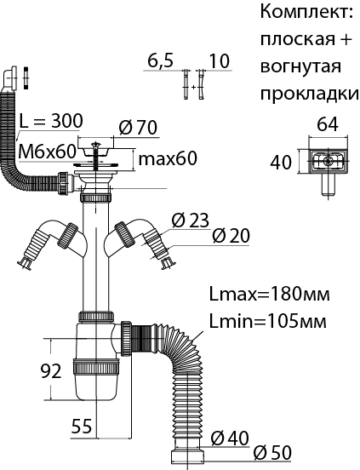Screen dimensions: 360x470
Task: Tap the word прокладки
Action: click(x=309, y=94)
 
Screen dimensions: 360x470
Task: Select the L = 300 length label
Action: click(x=50, y=121)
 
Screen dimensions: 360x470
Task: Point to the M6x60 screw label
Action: click(x=47, y=152)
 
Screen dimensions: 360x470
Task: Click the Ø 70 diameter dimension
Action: click(x=138, y=128)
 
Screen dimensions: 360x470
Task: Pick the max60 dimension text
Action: click(x=168, y=158)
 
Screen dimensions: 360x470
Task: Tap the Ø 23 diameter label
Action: click(x=190, y=221)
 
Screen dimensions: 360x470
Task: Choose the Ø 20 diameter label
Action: click(x=231, y=236)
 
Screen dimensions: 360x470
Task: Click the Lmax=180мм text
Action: click(x=269, y=295)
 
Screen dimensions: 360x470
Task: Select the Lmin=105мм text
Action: click(x=268, y=321)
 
